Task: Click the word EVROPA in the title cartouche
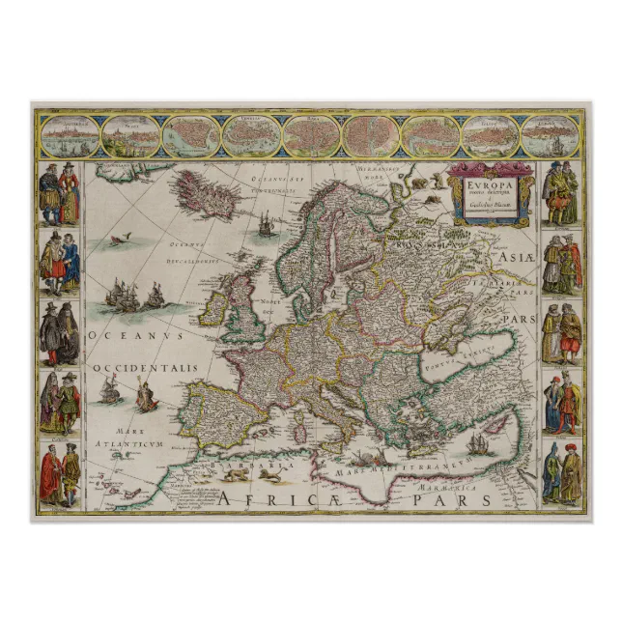pyautogui.click(x=487, y=182)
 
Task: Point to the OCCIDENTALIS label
pyautogui.click(x=146, y=368)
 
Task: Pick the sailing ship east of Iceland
pyautogui.click(x=266, y=224)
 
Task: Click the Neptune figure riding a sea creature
pyautogui.click(x=147, y=394)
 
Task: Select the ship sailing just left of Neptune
pyautogui.click(x=110, y=390)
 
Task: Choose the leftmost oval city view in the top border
pyautogui.click(x=69, y=137)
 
